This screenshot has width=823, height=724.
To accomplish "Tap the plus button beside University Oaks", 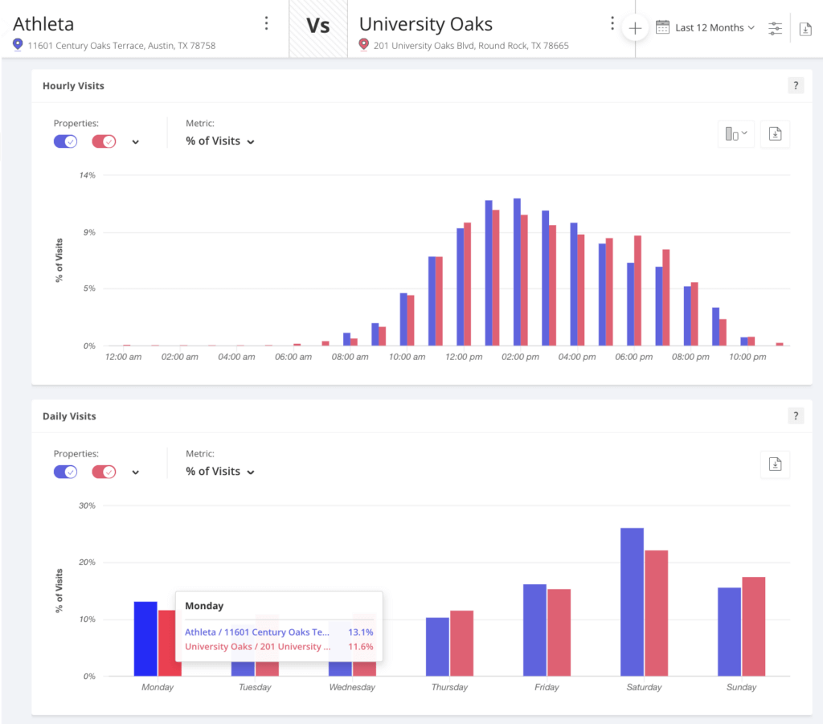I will pos(635,28).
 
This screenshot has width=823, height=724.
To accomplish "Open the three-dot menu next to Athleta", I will pos(267,23).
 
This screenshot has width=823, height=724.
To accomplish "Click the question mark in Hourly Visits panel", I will pos(796,86).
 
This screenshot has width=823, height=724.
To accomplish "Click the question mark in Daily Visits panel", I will pos(796,416).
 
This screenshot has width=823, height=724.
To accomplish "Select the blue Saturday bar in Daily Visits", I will pos(632,602).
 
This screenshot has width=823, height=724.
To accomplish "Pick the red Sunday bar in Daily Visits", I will pos(753,627).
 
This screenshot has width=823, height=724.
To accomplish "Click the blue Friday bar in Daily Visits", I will pos(534,630).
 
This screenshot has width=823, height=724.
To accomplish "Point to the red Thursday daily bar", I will pos(461,643).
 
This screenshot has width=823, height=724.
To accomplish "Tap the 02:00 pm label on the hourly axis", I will pos(521,357).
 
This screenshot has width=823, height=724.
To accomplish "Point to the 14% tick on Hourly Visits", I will pos(87,175).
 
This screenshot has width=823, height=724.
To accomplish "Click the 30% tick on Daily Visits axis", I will pos(87,506).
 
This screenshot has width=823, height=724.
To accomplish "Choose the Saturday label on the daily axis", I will pos(644,688).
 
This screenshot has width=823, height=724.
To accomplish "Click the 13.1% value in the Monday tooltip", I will pos(360,632).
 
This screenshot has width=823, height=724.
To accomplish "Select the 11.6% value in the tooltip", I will pos(360,646).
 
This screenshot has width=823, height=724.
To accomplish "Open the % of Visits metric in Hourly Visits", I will pos(219,141).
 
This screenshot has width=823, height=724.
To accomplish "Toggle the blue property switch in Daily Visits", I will pos(65,472).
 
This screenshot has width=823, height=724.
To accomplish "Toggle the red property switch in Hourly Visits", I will pos(104,141).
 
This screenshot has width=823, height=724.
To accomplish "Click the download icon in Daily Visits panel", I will pos(775,464).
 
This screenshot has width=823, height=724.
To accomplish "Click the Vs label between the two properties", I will pos(318,27).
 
